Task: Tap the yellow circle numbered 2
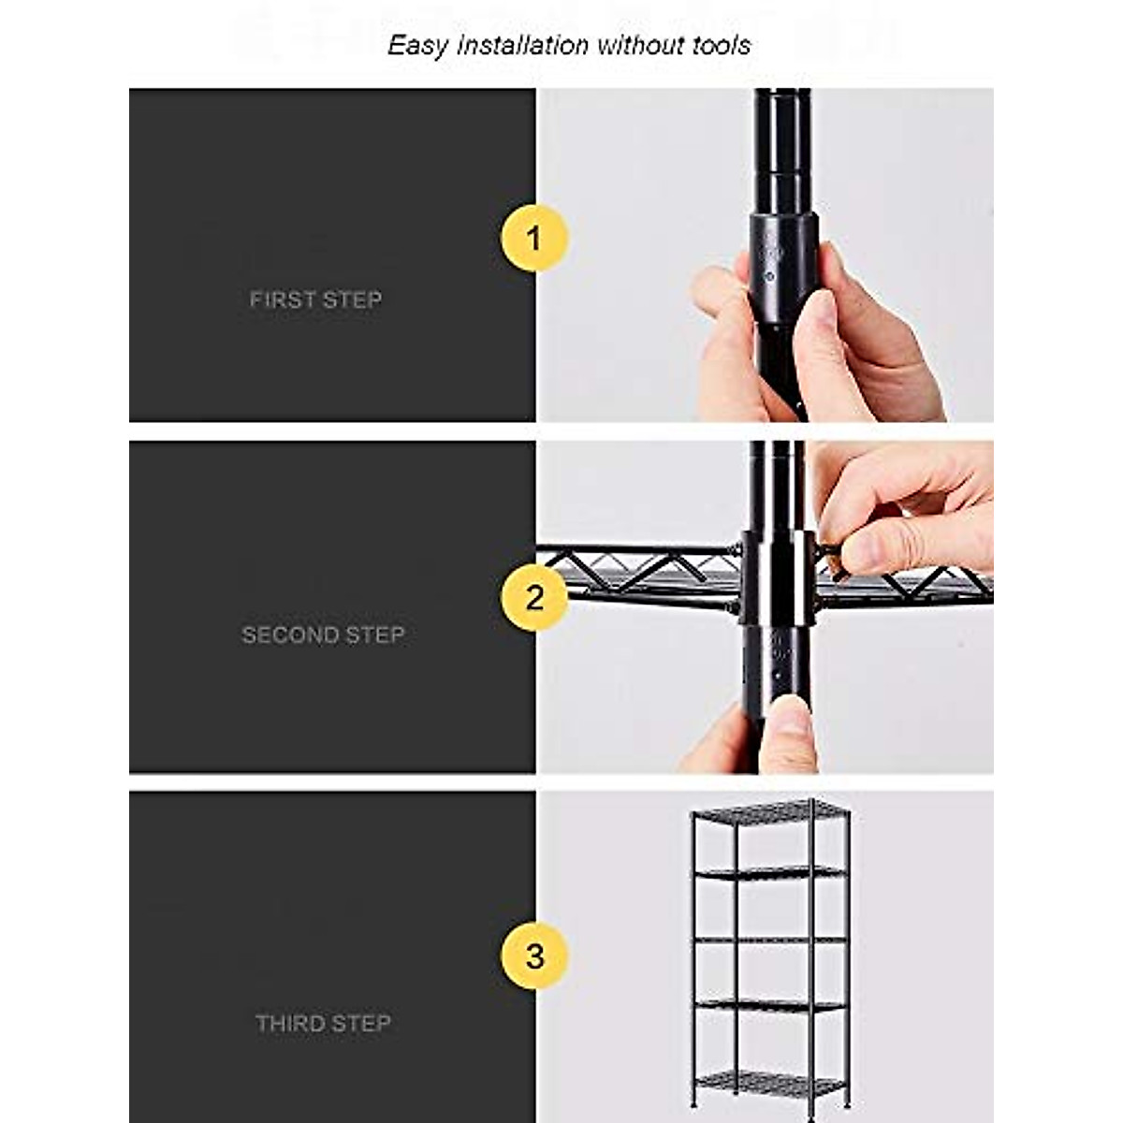click(534, 597)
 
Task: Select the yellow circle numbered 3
click(534, 956)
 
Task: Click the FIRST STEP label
click(315, 299)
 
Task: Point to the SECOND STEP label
click(323, 634)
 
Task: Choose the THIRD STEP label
click(323, 1023)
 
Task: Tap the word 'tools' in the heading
click(722, 45)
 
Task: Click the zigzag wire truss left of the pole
click(646, 566)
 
